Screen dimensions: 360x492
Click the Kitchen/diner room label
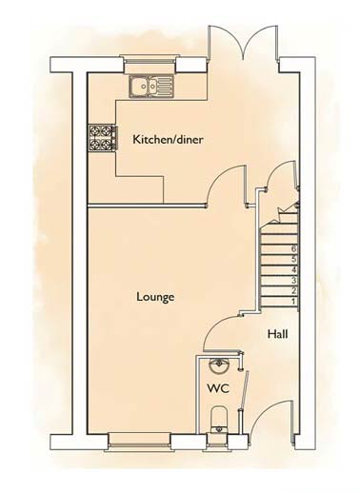click(x=168, y=140)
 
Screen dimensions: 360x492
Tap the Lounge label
click(x=155, y=297)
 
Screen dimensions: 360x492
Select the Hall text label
click(x=278, y=334)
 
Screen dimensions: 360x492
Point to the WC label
click(x=218, y=388)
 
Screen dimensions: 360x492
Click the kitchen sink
click(x=151, y=87)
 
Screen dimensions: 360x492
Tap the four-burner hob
click(x=102, y=137)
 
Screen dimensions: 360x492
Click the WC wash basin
click(x=218, y=366)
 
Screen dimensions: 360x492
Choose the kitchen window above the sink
click(x=150, y=65)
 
